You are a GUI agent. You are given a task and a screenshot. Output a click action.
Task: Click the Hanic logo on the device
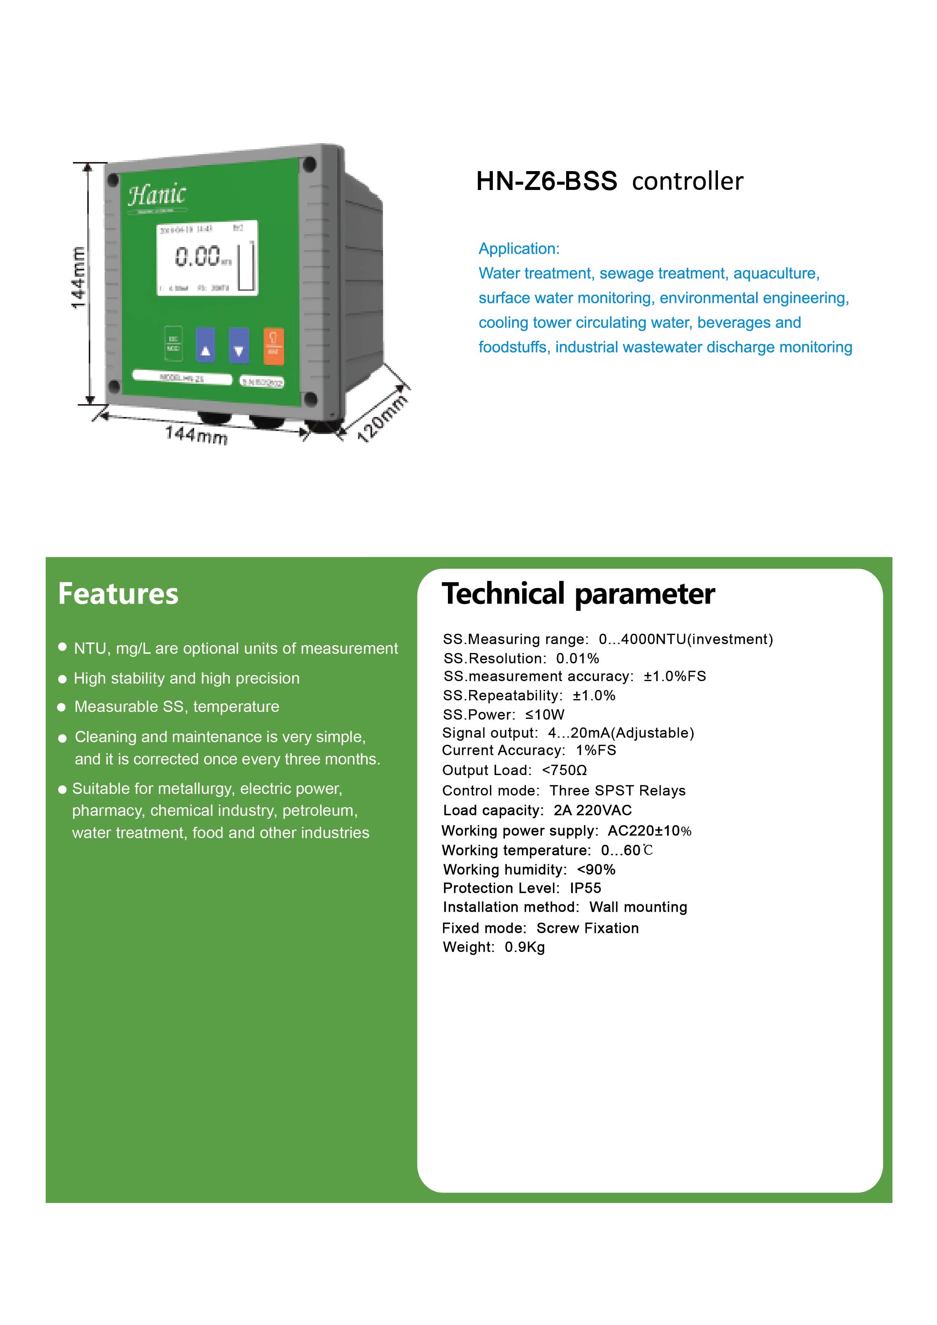pyautogui.click(x=157, y=195)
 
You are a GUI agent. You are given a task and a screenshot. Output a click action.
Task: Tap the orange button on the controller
pyautogui.click(x=273, y=346)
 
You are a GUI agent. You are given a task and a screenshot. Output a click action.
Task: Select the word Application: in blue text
pyautogui.click(x=519, y=249)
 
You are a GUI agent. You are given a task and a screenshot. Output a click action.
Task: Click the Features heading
pyautogui.click(x=118, y=594)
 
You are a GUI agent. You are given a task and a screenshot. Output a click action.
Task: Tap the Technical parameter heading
pyautogui.click(x=578, y=594)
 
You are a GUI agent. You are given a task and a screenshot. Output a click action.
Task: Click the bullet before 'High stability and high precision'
pyautogui.click(x=62, y=679)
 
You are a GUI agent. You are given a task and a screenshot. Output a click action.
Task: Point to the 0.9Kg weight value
pyautogui.click(x=525, y=947)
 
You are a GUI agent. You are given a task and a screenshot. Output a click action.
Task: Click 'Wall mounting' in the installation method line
pyautogui.click(x=638, y=907)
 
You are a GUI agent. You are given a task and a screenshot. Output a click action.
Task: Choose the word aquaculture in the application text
pyautogui.click(x=775, y=273)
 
